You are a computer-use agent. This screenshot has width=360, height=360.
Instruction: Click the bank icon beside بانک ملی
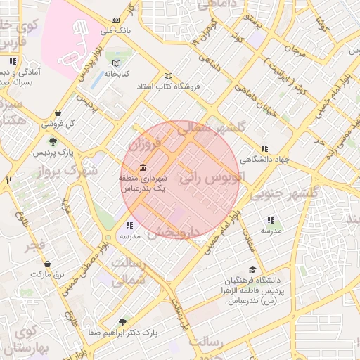(x=116, y=21)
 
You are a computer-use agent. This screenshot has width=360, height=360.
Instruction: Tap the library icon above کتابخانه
(x=116, y=63)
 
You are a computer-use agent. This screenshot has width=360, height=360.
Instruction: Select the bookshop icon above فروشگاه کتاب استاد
(x=167, y=76)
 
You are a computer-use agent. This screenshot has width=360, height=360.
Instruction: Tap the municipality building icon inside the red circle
(x=143, y=167)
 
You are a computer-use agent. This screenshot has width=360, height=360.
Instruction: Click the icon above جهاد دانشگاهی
(x=264, y=148)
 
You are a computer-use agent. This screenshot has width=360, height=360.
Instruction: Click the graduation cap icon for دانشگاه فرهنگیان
(x=252, y=269)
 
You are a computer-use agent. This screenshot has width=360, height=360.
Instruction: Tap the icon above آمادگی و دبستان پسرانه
(x=13, y=61)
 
